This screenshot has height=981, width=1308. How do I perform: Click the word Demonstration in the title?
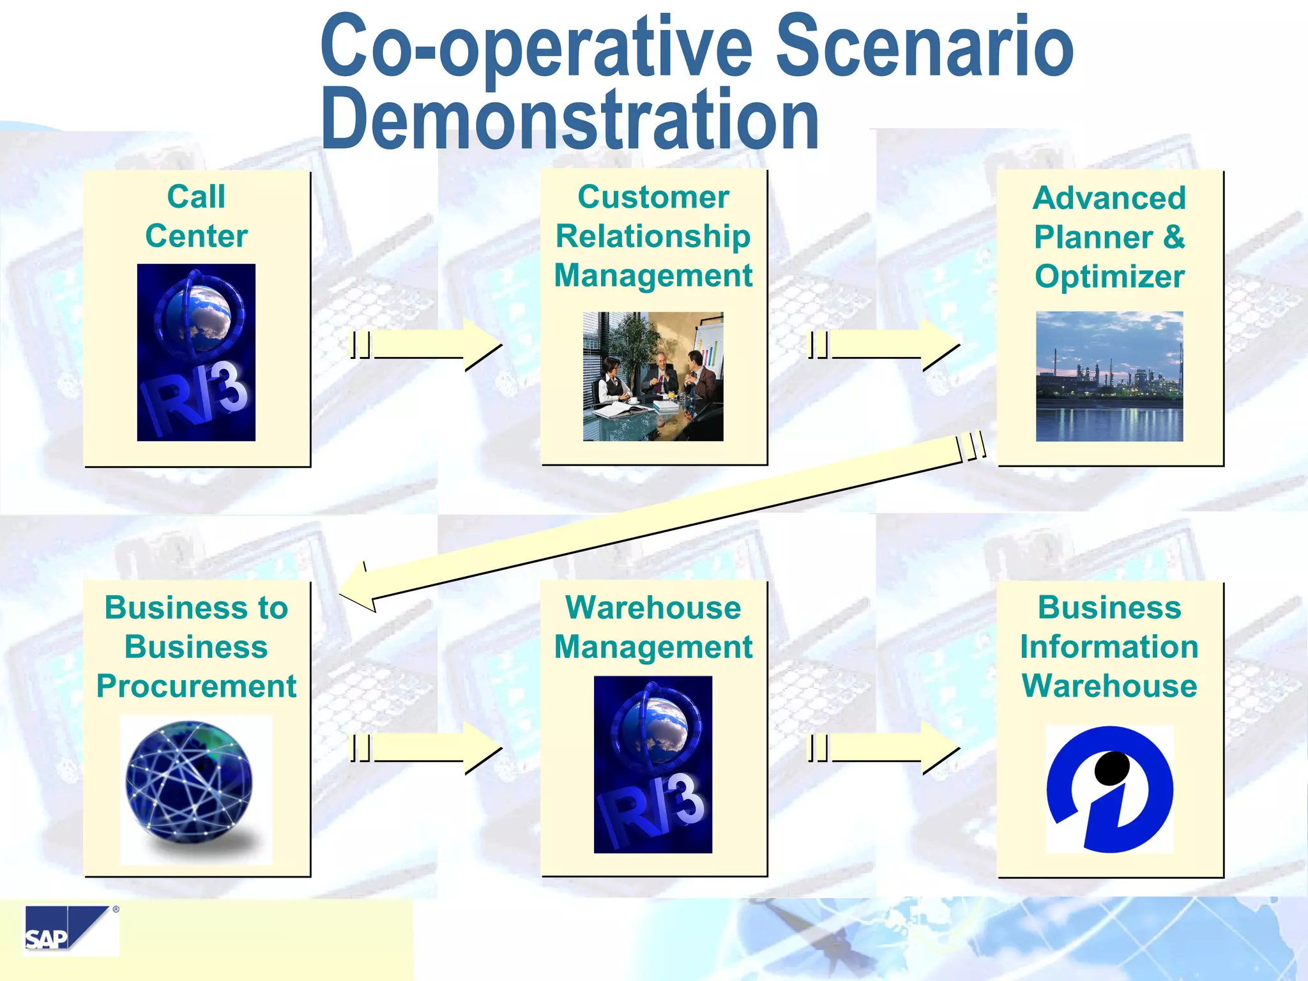tap(570, 120)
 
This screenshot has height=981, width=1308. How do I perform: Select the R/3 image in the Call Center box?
tap(196, 352)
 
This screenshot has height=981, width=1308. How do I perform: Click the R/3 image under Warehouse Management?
tap(653, 764)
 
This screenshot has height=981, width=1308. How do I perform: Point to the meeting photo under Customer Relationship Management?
tap(653, 376)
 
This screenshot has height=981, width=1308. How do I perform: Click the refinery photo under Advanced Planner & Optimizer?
tap(1109, 376)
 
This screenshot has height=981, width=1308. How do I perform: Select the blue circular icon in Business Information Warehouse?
tap(1109, 789)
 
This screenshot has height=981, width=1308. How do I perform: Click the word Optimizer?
tap(1109, 277)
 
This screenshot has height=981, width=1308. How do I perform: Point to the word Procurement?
tap(196, 686)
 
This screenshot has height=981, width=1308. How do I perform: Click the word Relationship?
tap(653, 236)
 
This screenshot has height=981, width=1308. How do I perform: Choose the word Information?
tap(1109, 646)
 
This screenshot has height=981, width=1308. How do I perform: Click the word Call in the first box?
tap(196, 197)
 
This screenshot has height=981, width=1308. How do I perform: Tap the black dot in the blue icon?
tap(1112, 768)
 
